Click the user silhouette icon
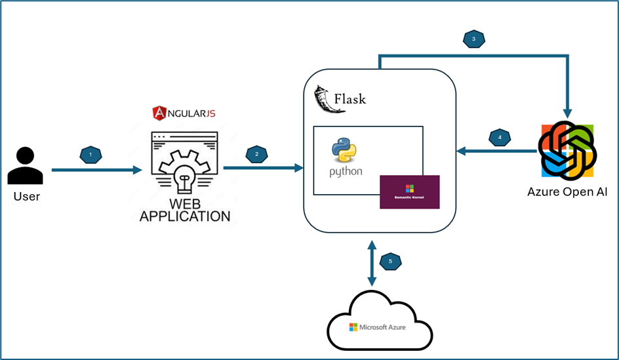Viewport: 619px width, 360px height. [x=26, y=166]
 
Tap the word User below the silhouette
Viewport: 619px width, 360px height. [x=26, y=196]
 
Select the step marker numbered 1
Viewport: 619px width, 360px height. [x=90, y=155]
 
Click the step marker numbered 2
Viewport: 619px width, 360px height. [x=256, y=155]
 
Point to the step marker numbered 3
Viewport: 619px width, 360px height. [x=473, y=39]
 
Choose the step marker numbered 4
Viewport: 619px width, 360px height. [x=500, y=138]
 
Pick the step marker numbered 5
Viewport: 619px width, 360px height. [x=390, y=261]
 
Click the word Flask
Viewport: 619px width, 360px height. [x=350, y=100]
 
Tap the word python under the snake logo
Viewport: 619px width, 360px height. [x=346, y=172]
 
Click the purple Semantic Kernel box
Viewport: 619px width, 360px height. [x=409, y=192]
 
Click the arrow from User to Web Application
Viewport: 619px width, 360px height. [x=96, y=170]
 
